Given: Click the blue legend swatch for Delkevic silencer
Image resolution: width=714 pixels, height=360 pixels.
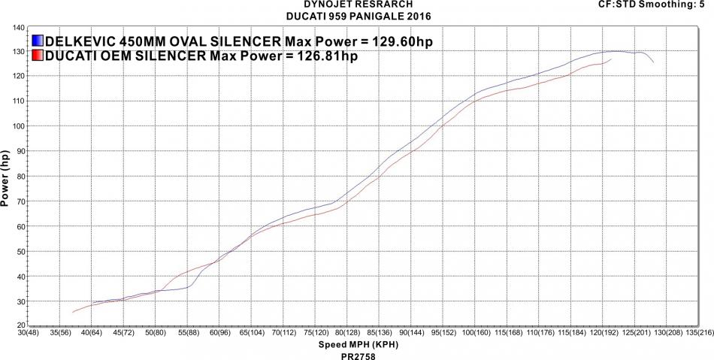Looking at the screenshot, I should [38, 41].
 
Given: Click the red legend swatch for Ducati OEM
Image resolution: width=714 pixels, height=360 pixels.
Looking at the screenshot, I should [38, 56].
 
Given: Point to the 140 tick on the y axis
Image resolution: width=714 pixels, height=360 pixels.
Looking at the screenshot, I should [17, 28].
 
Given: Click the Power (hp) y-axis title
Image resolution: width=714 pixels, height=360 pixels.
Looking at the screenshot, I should [7, 177].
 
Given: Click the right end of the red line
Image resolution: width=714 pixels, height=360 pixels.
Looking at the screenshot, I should [610, 59].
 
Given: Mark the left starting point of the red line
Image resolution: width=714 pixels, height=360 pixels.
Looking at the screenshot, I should [73, 312].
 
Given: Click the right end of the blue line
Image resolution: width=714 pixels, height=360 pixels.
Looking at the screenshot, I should [653, 62].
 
